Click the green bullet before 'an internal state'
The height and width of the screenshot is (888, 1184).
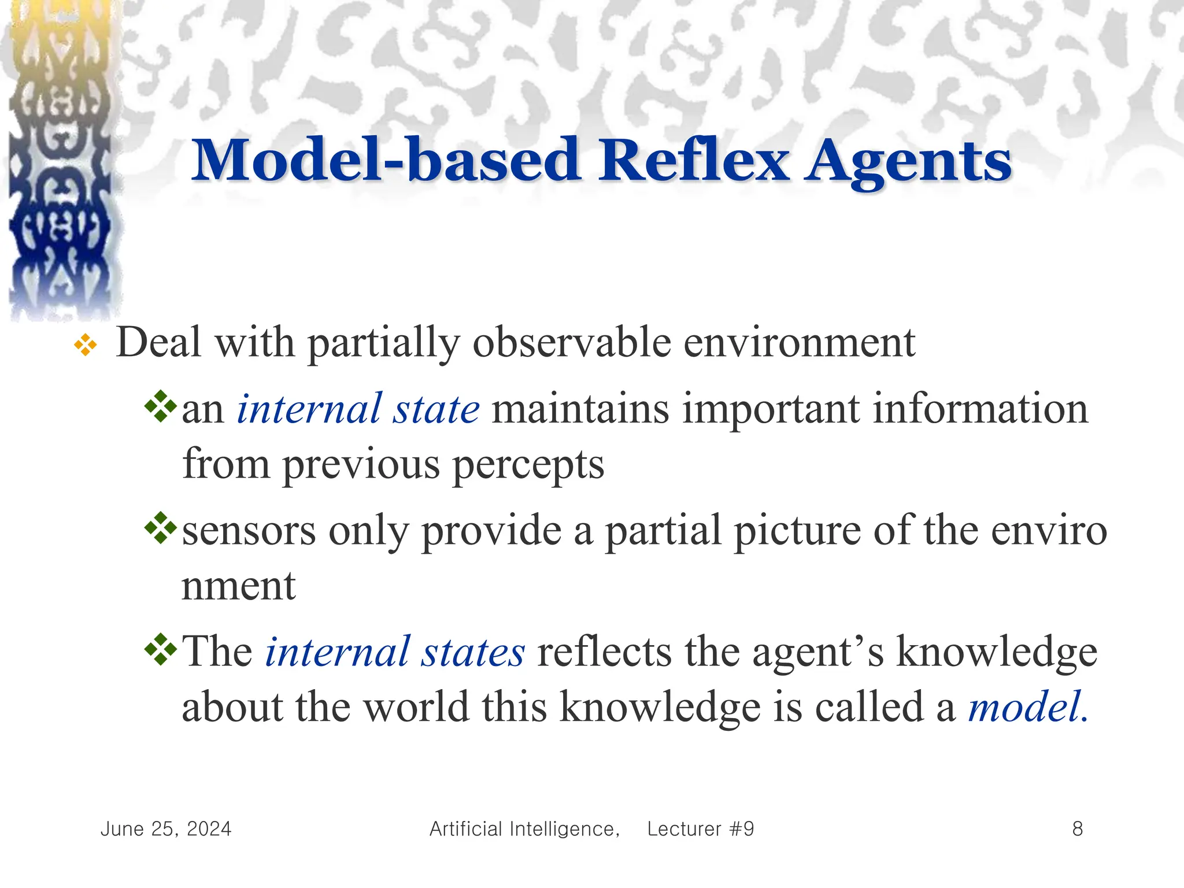[x=160, y=406]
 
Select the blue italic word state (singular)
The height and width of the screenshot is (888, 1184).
[x=436, y=409]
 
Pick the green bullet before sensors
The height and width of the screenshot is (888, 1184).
[x=160, y=528]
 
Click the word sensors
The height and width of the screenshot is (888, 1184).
[x=249, y=531]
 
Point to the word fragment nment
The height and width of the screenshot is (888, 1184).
[x=238, y=586]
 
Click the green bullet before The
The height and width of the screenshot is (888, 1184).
[x=160, y=650]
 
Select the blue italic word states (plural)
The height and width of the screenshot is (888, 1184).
[x=472, y=652]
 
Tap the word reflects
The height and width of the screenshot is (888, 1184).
[x=604, y=652]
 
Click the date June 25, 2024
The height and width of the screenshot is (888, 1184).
[x=166, y=829]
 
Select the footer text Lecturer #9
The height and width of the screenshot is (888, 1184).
[x=701, y=829]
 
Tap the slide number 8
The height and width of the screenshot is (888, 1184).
[x=1077, y=829]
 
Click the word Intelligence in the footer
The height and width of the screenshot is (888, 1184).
[x=564, y=829]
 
